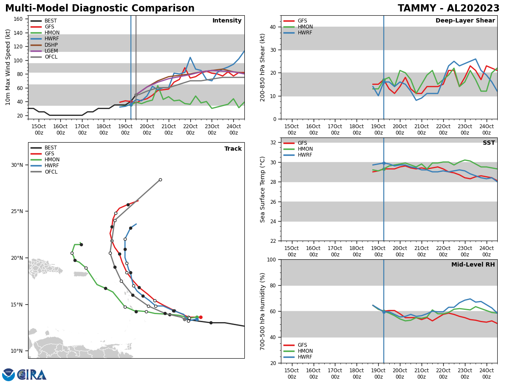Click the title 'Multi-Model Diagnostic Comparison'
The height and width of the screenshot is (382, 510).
click(99, 8)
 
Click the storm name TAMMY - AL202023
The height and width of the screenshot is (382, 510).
click(448, 8)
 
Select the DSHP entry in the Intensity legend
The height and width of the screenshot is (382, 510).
click(51, 45)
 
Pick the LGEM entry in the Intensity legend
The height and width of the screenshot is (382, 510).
click(51, 51)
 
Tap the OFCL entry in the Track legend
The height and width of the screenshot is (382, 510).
click(51, 172)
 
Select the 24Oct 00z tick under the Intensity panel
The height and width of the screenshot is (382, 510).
click(233, 129)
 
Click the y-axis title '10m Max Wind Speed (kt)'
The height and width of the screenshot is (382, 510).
click(8, 67)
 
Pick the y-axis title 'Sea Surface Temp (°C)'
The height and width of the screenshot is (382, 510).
click(263, 189)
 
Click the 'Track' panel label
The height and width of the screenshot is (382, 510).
click(233, 149)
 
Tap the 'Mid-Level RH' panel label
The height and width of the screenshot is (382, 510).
click(473, 265)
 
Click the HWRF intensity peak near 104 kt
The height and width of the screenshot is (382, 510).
click(190, 57)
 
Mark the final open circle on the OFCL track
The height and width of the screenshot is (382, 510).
click(160, 180)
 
